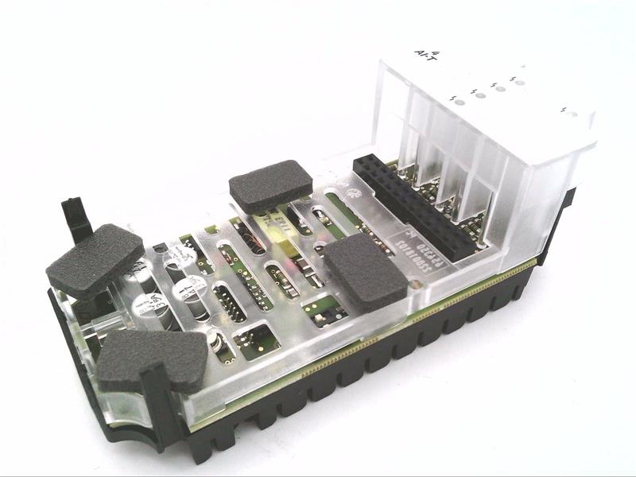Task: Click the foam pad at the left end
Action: click(95, 260)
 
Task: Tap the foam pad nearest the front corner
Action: click(152, 359)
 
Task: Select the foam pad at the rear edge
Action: click(270, 186)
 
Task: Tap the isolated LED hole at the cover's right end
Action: click(569, 112)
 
